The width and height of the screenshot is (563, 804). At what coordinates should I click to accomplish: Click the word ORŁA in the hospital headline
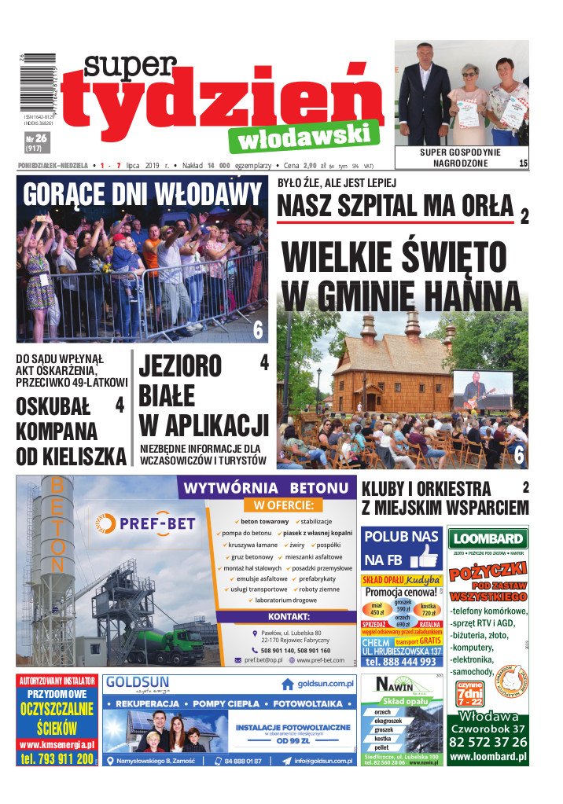click(x=480, y=206)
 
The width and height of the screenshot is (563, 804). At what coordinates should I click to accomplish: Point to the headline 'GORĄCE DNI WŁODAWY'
click(x=142, y=193)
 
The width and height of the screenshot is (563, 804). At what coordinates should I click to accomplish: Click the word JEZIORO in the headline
click(x=181, y=366)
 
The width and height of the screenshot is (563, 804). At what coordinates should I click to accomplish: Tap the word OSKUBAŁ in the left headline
click(x=53, y=406)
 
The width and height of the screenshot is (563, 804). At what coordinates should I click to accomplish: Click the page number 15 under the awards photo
click(x=523, y=163)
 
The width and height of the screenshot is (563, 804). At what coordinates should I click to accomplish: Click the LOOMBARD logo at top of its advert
click(x=487, y=538)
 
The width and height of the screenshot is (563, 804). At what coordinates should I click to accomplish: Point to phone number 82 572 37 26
click(x=488, y=743)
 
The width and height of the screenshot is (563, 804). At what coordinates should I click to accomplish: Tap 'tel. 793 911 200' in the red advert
click(x=57, y=759)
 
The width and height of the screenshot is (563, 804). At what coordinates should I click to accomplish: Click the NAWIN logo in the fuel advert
click(x=396, y=681)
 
